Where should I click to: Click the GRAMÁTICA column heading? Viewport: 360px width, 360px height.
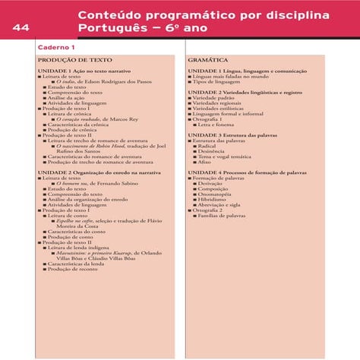click(207, 59)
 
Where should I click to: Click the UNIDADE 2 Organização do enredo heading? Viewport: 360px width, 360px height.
click(99, 172)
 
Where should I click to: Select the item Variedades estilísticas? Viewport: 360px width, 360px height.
click(223, 108)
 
